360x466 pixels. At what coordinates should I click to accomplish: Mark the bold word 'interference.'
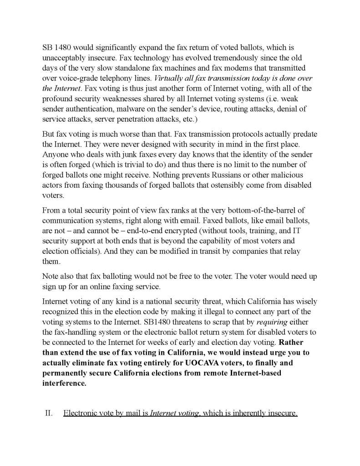pyautogui.click(x=64, y=383)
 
